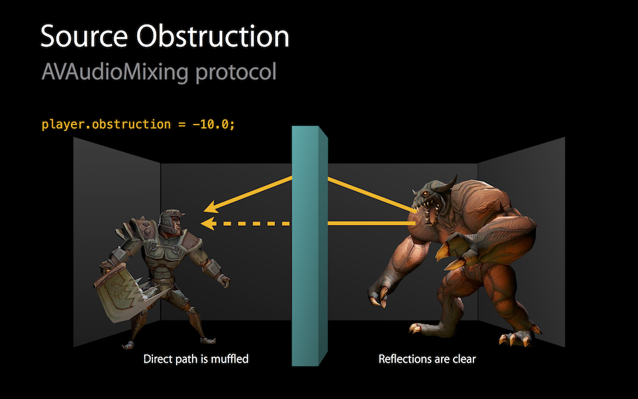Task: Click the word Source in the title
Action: pos(84,36)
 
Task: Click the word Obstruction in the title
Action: pos(213,36)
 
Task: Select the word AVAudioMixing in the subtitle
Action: pos(115,73)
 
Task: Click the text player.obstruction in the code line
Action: pos(106,124)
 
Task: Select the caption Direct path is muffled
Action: pos(196,359)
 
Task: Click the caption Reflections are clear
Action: pos(427,359)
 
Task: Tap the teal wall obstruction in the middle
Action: pos(309,246)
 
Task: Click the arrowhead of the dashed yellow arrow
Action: pos(208,223)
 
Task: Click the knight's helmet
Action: pos(171,221)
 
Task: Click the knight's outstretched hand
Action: pos(223,280)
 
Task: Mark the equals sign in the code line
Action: pos(181,124)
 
